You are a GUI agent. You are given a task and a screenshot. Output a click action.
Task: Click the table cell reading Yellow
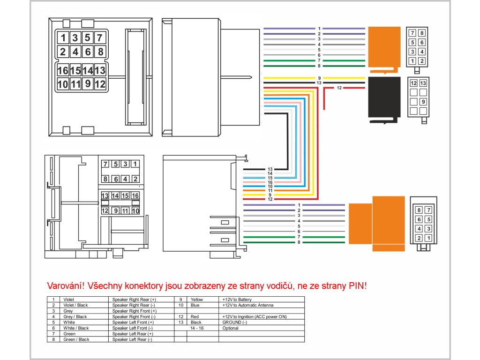pyautogui.click(x=196, y=299)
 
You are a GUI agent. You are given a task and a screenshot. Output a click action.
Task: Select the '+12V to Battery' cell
pyautogui.click(x=237, y=299)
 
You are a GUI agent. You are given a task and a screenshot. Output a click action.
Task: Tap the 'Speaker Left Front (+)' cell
pyautogui.click(x=134, y=322)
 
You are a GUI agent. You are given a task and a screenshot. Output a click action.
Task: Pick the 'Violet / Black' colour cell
pyautogui.click(x=75, y=305)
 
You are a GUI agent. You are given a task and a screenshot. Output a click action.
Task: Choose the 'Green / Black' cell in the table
pyautogui.click(x=76, y=339)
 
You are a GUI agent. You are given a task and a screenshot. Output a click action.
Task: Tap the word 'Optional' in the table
pyautogui.click(x=231, y=328)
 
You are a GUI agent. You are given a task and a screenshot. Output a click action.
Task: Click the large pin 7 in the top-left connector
pyautogui.click(x=99, y=38)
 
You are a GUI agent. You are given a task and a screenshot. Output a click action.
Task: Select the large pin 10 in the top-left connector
pyautogui.click(x=63, y=84)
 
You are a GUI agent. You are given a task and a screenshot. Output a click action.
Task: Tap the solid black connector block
pyautogui.click(x=384, y=99)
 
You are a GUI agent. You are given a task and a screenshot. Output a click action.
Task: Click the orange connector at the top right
pyautogui.click(x=384, y=48)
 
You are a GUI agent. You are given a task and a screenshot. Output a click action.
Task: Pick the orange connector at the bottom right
pyautogui.click(x=378, y=224)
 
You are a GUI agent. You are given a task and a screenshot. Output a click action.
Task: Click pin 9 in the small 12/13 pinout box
pyautogui.click(x=423, y=101)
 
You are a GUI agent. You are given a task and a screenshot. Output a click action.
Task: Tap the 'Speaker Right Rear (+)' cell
pyautogui.click(x=134, y=299)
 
